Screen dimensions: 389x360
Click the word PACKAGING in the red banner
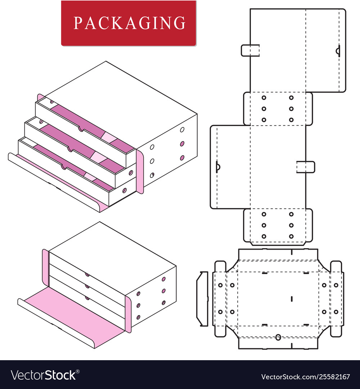129,23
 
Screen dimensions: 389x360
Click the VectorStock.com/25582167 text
305,377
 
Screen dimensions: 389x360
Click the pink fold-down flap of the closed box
68,313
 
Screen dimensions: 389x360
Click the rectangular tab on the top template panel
250,50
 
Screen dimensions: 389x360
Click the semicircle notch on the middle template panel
218,167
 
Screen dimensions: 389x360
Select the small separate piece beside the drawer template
202,299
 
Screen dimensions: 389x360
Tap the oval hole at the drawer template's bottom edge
278,337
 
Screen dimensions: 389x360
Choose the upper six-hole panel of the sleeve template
278,108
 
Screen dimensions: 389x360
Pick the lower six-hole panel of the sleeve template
278,225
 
